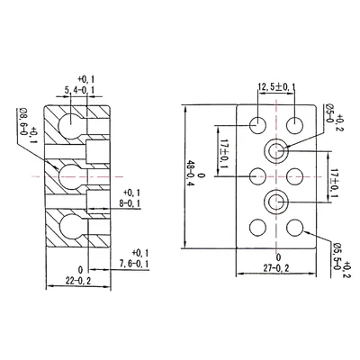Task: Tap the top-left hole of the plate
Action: pos(256,124)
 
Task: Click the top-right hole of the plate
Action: pos(295,124)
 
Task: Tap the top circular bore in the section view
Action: pos(70,121)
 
